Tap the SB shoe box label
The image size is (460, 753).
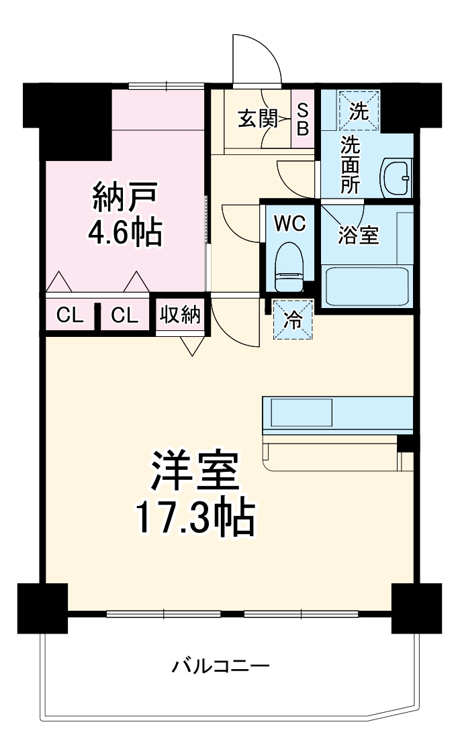(303, 119)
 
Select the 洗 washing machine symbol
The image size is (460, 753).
(359, 111)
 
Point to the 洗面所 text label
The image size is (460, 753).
(349, 164)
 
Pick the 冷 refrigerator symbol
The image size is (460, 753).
(293, 320)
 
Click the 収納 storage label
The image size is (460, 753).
(180, 315)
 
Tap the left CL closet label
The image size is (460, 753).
(70, 315)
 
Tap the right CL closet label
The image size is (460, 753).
(125, 315)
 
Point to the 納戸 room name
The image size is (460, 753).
(125, 197)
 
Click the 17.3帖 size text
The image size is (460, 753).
(195, 517)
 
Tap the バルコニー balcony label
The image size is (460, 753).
(221, 666)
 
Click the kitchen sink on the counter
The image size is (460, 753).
(301, 412)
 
